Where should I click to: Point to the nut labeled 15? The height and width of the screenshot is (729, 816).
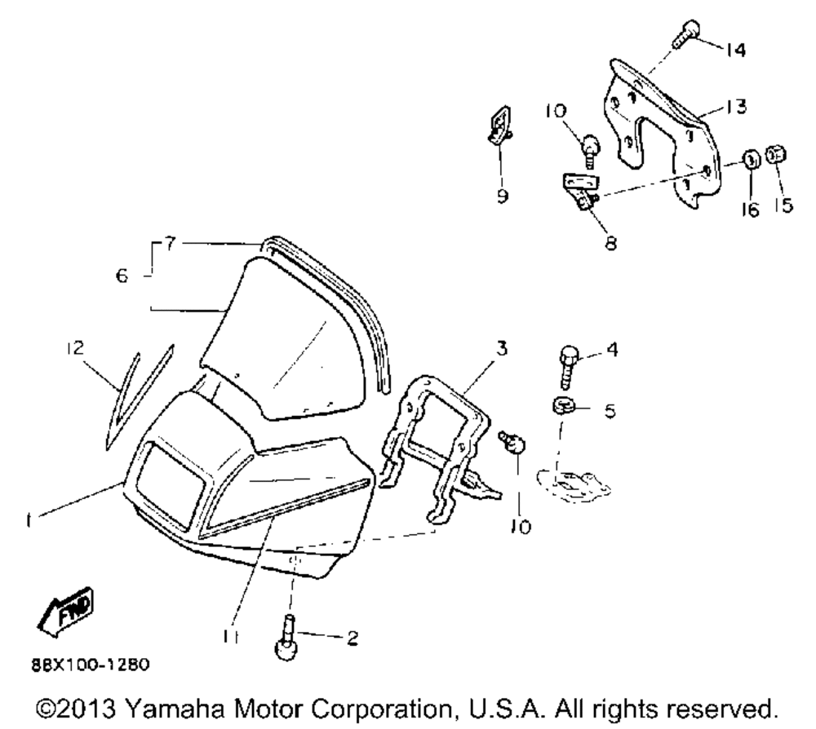(x=778, y=154)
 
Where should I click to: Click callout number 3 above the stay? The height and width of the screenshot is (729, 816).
(x=502, y=348)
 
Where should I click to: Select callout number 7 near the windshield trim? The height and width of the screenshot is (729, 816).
(x=168, y=243)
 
